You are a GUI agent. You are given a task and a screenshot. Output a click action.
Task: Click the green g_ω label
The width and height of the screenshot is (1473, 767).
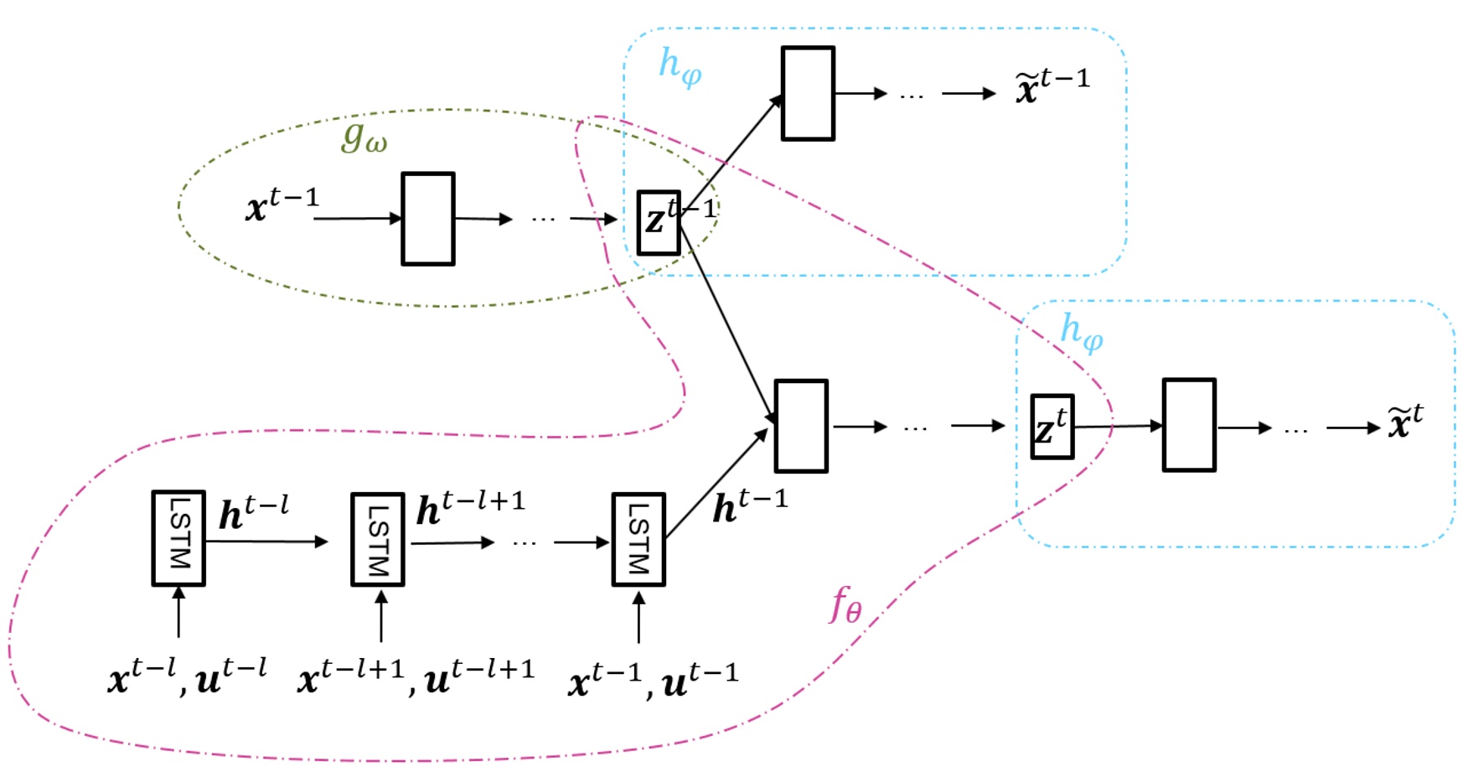pos(364,136)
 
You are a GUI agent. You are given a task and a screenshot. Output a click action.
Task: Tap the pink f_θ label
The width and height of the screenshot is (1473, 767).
pos(845,604)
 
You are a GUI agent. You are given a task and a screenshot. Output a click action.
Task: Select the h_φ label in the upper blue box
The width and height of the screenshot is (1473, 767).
pos(680,67)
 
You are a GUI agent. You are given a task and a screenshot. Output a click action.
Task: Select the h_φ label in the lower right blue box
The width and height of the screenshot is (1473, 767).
pos(1081,332)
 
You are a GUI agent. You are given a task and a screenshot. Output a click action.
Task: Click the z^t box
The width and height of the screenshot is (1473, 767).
pos(1052,427)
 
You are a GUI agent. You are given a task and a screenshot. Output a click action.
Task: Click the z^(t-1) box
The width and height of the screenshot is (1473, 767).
pos(659,222)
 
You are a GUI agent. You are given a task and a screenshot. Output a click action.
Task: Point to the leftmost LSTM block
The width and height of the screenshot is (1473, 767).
pos(178,538)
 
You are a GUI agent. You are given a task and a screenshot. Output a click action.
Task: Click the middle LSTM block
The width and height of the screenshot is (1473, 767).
pos(377,539)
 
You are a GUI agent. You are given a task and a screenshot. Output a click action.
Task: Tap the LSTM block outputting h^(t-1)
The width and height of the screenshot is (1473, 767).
pos(638,540)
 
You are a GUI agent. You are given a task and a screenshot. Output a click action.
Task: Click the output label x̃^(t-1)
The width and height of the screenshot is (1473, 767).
pos(1052,86)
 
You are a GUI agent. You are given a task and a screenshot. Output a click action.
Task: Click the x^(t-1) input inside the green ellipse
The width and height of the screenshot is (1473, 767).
pos(282,205)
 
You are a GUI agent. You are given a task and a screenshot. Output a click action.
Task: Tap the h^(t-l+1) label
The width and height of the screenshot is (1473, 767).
pos(470,508)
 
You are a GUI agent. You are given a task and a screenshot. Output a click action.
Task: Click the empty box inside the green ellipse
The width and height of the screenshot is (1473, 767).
pos(428,219)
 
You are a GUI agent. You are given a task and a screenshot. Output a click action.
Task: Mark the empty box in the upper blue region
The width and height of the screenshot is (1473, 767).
pos(808,93)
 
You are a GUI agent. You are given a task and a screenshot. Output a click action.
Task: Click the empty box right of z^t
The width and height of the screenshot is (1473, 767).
pos(1189,425)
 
